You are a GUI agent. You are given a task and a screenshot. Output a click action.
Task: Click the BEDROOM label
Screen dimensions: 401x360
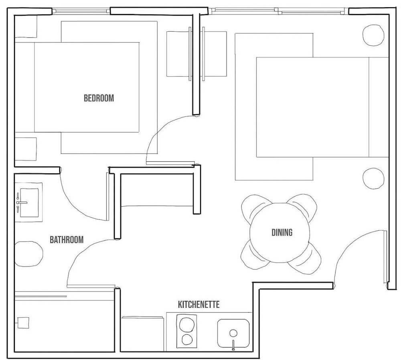coord(99,98)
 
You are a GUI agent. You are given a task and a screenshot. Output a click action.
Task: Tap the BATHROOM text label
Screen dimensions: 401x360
coord(67,240)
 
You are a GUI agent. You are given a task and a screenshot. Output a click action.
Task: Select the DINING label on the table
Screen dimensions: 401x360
coord(282,232)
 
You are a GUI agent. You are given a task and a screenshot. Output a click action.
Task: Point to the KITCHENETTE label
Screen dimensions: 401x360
coord(199,305)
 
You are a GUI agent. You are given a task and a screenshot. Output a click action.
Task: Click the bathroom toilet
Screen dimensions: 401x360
coord(28,254)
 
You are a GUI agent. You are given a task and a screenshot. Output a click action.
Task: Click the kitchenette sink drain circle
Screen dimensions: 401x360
coord(233,333)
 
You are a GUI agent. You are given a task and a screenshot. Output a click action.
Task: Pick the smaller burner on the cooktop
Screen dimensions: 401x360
coord(187,340)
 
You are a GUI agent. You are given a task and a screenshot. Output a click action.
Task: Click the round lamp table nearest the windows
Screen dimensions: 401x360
coord(373,35)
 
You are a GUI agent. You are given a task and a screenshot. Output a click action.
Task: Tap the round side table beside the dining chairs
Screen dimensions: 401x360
coord(373,179)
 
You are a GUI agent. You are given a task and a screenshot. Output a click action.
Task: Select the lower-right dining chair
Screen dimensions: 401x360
coord(306,258)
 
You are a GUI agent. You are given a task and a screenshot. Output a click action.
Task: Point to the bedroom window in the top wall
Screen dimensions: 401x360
coord(81,11)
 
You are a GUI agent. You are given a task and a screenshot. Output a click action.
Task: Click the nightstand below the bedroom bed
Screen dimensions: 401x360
coord(26,149)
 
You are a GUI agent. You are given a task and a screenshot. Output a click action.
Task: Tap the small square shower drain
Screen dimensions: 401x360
coord(23,323)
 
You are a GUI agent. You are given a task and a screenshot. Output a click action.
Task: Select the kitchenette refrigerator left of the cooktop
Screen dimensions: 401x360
coord(142,334)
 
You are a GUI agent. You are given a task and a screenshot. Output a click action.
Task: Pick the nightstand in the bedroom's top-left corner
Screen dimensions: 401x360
coord(26,26)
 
